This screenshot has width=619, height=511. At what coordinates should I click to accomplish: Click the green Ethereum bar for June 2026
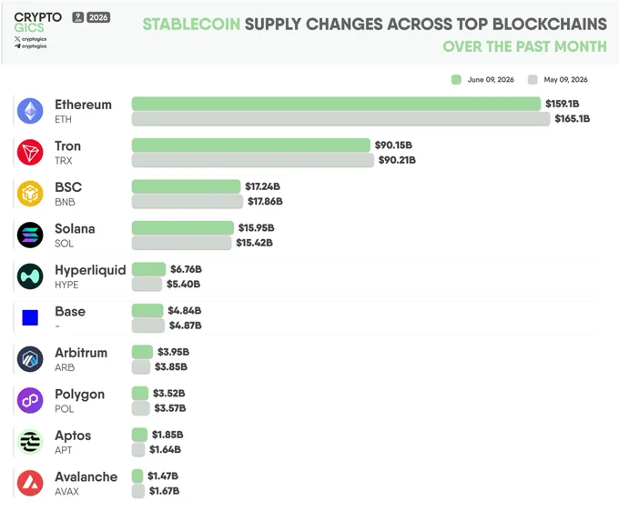tap(336, 104)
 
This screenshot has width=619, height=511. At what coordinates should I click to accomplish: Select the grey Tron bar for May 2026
tap(253, 160)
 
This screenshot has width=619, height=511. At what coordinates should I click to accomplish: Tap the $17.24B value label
tap(262, 186)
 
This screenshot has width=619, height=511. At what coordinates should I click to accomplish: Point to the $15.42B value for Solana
tap(254, 243)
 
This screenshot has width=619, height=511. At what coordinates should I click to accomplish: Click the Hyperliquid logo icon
tap(30, 276)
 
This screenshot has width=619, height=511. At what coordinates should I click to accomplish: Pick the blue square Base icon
tap(30, 318)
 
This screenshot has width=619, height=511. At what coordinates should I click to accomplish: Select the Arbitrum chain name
tap(81, 353)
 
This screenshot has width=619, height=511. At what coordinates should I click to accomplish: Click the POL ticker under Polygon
tap(65, 409)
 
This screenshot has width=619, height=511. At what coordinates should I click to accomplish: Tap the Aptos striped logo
tap(30, 442)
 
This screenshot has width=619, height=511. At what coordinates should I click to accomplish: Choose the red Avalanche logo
tap(30, 483)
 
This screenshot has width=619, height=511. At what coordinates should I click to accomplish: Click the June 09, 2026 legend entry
tap(482, 80)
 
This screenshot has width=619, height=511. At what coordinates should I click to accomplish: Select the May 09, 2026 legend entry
tap(558, 80)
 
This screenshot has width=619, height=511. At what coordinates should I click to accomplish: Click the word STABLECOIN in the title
tap(191, 24)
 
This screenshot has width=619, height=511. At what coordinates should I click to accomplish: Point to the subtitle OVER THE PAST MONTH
tap(524, 46)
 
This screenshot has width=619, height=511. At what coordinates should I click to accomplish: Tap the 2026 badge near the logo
tap(98, 17)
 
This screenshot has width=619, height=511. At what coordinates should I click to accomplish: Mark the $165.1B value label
tap(573, 118)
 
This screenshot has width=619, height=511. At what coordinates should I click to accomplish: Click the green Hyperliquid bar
tap(148, 269)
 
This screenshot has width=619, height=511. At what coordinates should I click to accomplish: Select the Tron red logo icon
tap(30, 152)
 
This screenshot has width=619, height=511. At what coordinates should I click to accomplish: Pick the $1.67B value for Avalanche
tap(164, 491)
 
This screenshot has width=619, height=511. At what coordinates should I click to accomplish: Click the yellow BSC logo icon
tap(30, 194)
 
